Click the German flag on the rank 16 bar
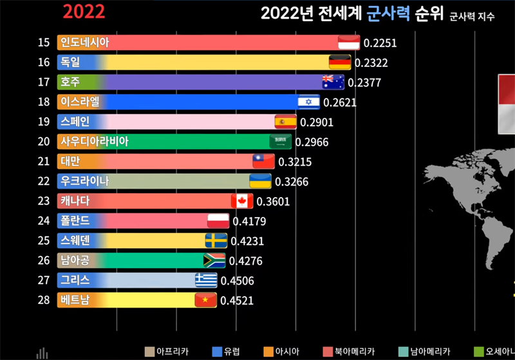point(340,62)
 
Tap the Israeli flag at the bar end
point(308,102)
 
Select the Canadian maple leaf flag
point(242,201)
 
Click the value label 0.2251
point(380,43)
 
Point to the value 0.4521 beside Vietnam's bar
point(236,300)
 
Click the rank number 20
point(44,142)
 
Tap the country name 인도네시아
point(84,43)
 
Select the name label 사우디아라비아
point(94,142)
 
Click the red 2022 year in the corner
point(84,11)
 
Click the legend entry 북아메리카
point(353,352)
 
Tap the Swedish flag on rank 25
point(216,241)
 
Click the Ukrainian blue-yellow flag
point(260,181)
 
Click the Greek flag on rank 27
point(206,280)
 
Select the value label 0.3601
point(273,202)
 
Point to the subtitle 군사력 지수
point(472,17)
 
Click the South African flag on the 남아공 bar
point(214,260)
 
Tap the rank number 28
point(44,300)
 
